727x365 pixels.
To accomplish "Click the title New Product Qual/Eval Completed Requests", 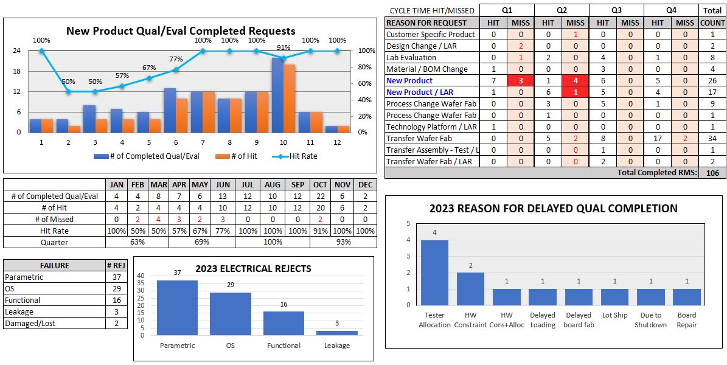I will point(181,31).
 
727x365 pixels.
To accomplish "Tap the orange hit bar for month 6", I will point(182,115).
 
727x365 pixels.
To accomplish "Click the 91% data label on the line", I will point(283,47).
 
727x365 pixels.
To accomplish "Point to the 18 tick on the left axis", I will point(16,71).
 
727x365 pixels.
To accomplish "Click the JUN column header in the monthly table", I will point(223,184).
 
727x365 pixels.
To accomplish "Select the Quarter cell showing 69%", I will point(201,242).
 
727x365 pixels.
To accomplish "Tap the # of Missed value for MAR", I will point(159,219).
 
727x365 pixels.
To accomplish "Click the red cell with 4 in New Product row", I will point(575,81).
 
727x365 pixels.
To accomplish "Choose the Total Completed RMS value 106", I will point(712,173).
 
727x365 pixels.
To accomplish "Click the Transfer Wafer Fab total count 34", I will point(712,139).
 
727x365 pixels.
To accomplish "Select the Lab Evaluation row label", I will point(411,58).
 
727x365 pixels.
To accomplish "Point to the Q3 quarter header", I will point(616,10).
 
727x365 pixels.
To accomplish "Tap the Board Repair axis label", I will point(686,320).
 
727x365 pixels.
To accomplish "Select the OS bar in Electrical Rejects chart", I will point(231,313).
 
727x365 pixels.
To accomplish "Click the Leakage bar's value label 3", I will point(336,323).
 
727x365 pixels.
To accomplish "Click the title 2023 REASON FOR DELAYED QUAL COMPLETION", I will point(553,209).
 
